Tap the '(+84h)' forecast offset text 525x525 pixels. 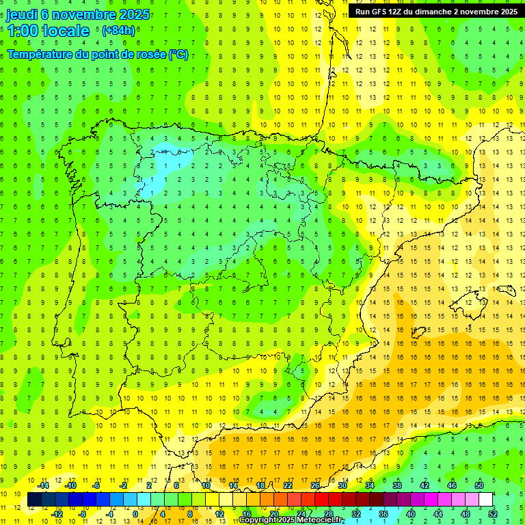118,31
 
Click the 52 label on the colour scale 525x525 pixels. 493,514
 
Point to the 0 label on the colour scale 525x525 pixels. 135,514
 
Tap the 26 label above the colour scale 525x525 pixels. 315,485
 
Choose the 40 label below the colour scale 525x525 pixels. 411,514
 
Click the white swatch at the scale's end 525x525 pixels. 485,500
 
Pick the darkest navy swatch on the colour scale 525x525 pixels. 34,500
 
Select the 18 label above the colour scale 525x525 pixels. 260,485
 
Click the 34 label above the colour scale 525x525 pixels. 369,485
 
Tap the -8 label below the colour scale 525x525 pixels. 83,514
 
